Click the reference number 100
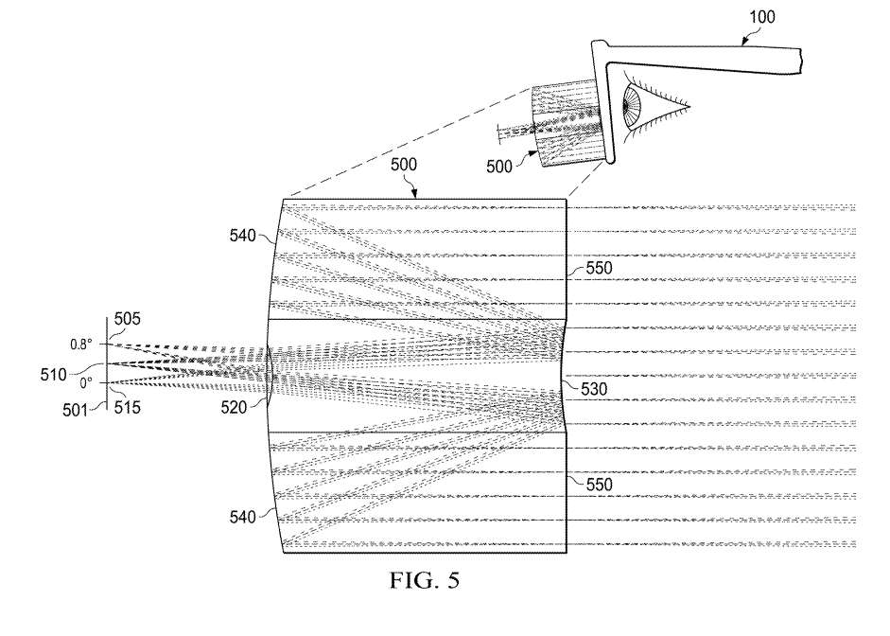click(x=761, y=17)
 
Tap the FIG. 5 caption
click(x=425, y=580)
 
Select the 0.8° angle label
click(x=81, y=344)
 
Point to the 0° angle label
click(x=86, y=383)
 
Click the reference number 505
click(x=127, y=319)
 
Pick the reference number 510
click(x=53, y=375)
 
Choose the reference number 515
click(x=127, y=407)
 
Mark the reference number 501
click(x=76, y=410)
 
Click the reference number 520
click(x=234, y=407)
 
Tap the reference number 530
click(x=594, y=389)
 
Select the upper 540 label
click(x=242, y=235)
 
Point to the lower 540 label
click(x=242, y=517)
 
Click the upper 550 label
click(x=600, y=268)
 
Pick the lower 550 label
click(x=600, y=485)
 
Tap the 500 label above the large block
click(x=404, y=165)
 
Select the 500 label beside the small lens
click(x=499, y=167)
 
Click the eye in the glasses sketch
click(x=653, y=107)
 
